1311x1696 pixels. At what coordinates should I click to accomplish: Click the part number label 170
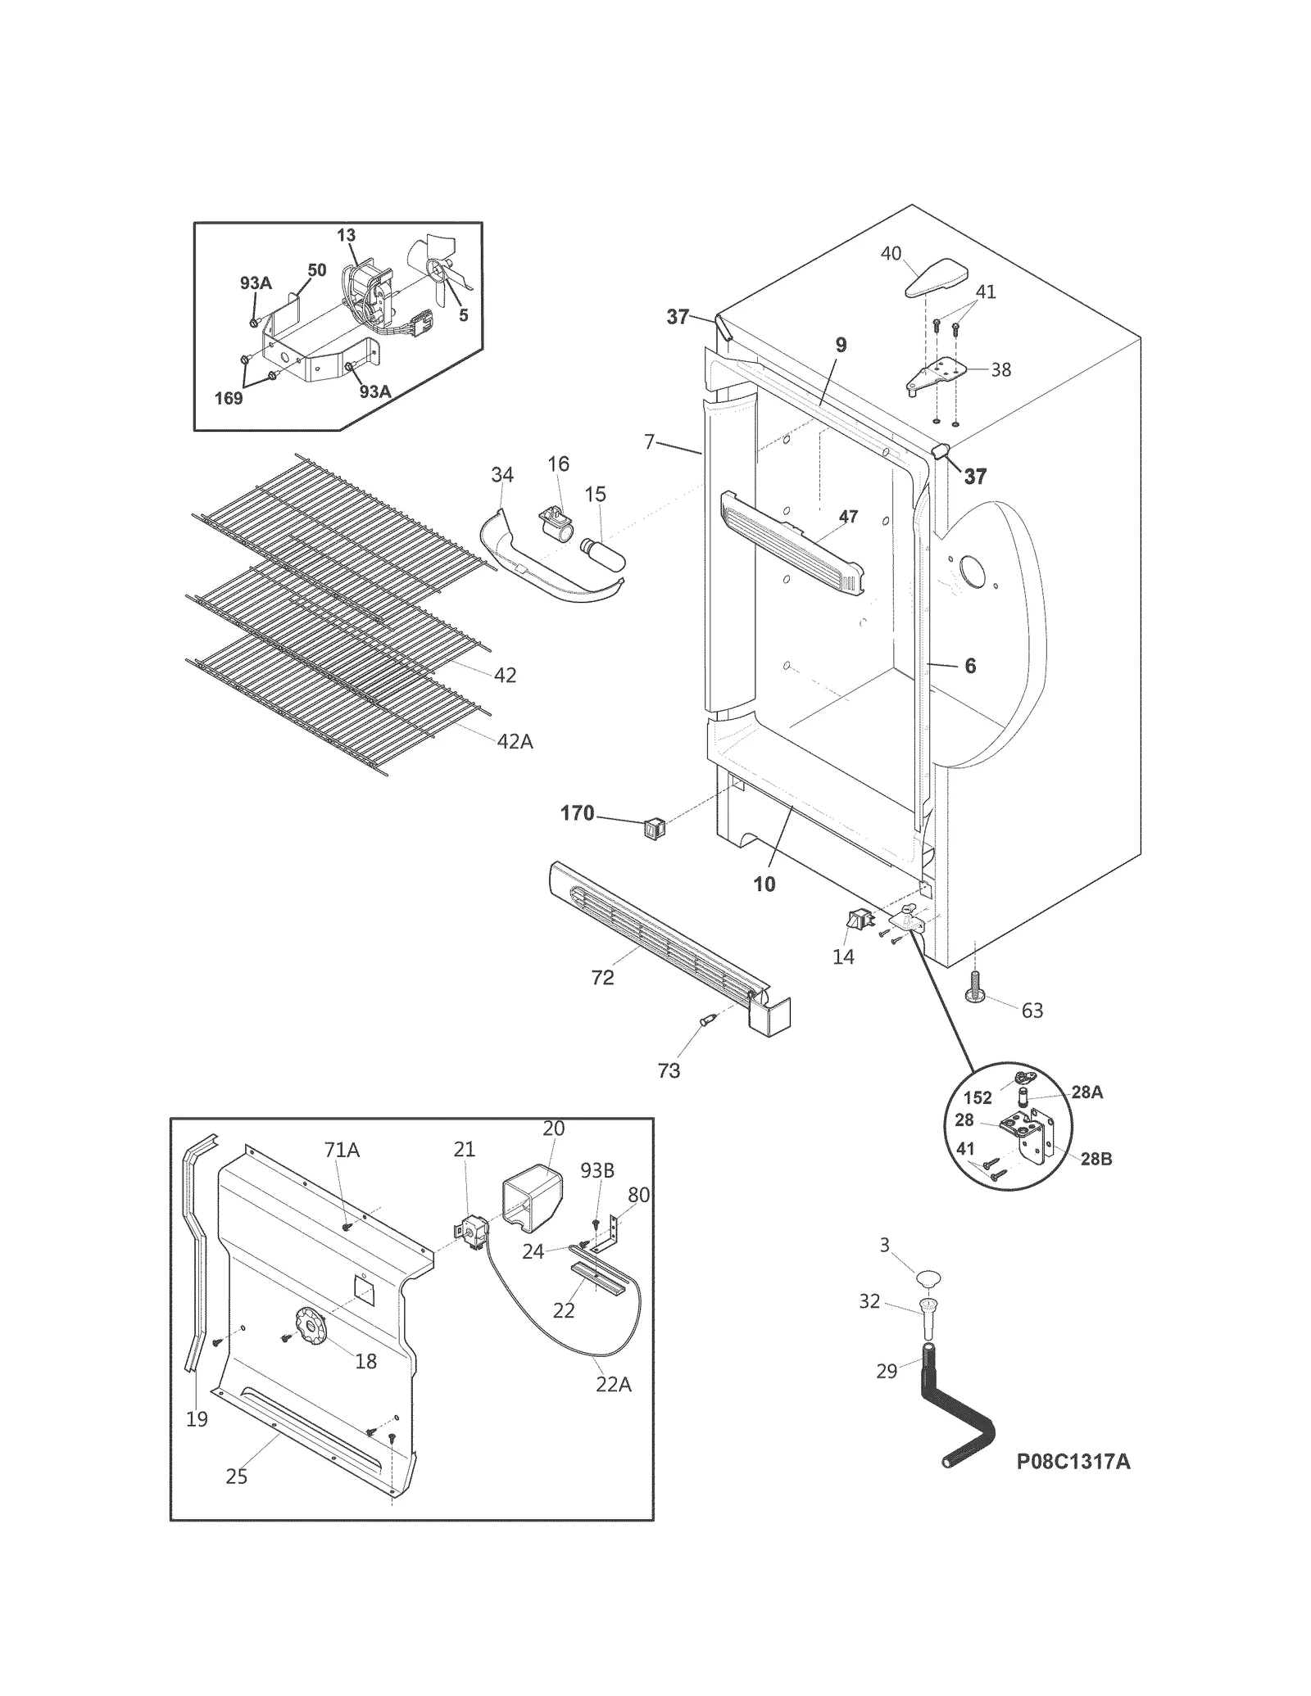(577, 813)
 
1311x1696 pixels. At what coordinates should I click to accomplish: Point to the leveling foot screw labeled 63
(975, 986)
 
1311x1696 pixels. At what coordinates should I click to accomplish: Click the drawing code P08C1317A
(1073, 1462)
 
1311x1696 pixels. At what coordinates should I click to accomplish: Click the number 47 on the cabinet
(848, 516)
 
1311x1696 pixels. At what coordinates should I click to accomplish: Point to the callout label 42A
(515, 741)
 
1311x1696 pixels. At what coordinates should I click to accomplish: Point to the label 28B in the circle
(1095, 1159)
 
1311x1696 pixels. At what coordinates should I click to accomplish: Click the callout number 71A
(342, 1150)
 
